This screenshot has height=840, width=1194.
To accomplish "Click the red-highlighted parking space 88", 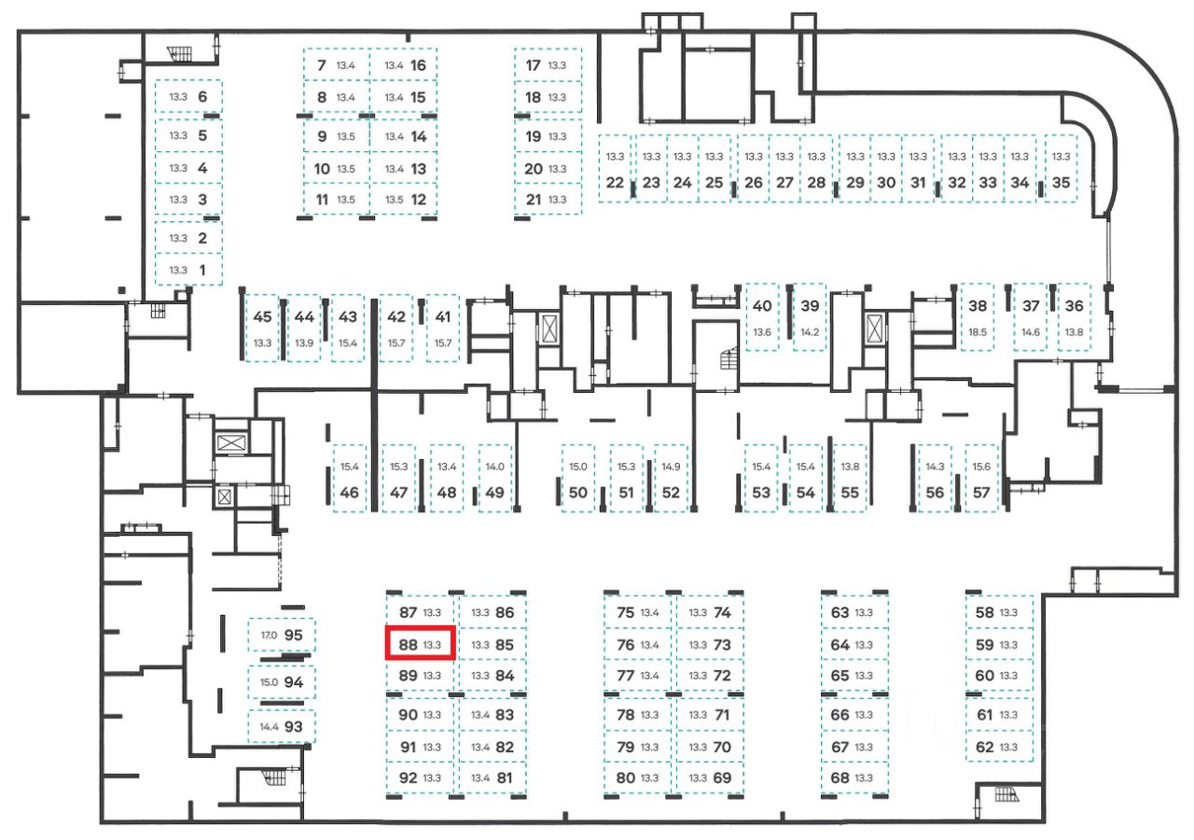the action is pyautogui.click(x=420, y=644).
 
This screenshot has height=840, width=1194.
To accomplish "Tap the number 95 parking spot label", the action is pyautogui.click(x=294, y=635).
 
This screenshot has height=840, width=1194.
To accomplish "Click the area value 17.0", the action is pyautogui.click(x=269, y=636).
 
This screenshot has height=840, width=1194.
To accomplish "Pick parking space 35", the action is pyautogui.click(x=1061, y=171).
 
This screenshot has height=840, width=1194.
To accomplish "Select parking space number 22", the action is pyautogui.click(x=615, y=171).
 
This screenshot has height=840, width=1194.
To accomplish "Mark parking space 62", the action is pyautogui.click(x=999, y=747).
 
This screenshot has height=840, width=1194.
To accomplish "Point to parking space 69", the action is pyautogui.click(x=710, y=777).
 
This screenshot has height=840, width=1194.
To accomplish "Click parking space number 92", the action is pyautogui.click(x=420, y=777).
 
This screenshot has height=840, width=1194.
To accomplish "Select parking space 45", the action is pyautogui.click(x=262, y=328).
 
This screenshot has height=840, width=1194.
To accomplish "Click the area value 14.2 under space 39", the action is pyautogui.click(x=809, y=332).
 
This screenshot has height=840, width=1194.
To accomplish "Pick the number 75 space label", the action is pyautogui.click(x=638, y=613).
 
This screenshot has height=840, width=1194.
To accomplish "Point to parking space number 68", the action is pyautogui.click(x=852, y=777).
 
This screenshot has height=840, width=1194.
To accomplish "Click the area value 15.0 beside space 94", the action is pyautogui.click(x=269, y=682).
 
